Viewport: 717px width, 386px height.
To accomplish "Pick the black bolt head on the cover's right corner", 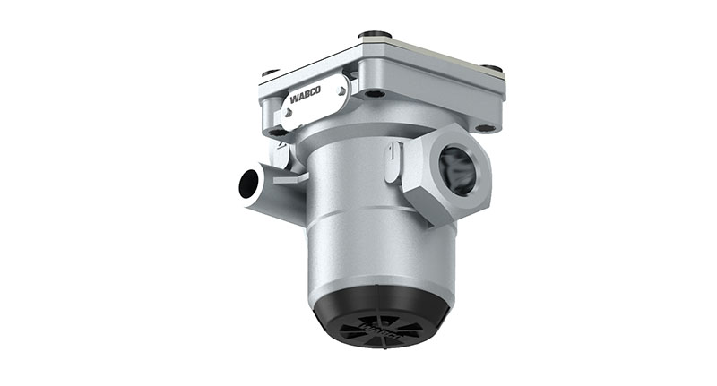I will click(x=489, y=68).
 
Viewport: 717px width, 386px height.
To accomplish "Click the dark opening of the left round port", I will click(x=246, y=187).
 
